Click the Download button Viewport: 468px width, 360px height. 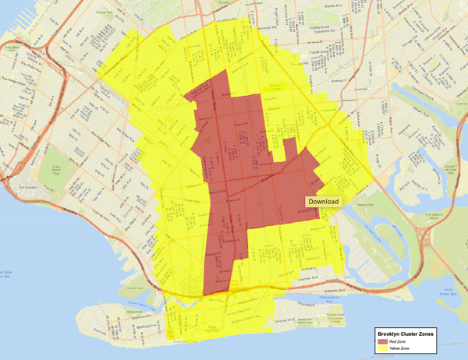pyautogui.click(x=324, y=202)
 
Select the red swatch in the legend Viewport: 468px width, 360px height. pyautogui.click(x=382, y=341)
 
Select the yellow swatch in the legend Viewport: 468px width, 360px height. pyautogui.click(x=382, y=349)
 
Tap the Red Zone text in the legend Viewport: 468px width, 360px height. pyautogui.click(x=399, y=341)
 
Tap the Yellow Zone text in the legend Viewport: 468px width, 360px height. pyautogui.click(x=401, y=349)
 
